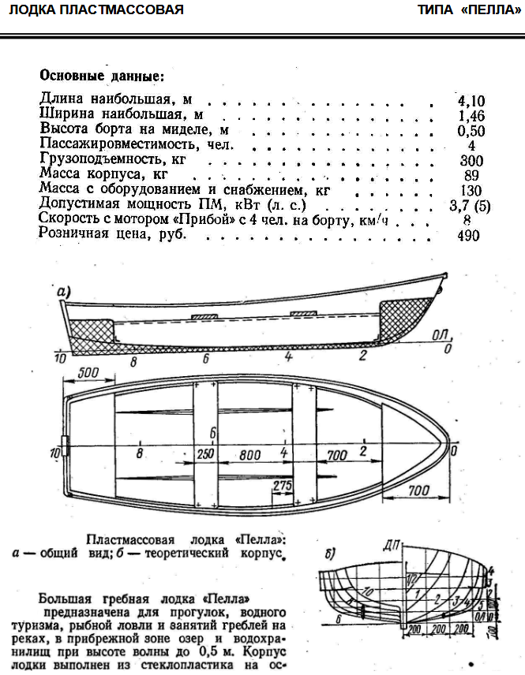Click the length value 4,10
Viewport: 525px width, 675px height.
click(471, 101)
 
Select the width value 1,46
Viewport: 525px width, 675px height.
click(471, 116)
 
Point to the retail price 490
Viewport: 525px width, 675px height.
click(468, 236)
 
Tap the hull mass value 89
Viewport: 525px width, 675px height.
click(471, 175)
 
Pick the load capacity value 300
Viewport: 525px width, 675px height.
click(471, 161)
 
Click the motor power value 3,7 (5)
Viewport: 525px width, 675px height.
click(470, 206)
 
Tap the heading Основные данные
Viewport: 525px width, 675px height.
click(102, 76)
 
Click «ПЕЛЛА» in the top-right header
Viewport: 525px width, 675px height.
click(490, 9)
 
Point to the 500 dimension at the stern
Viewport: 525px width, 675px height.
click(88, 373)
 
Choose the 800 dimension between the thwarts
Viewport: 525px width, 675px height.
click(250, 455)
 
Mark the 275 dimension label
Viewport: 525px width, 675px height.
click(283, 485)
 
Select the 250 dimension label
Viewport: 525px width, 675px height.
click(205, 454)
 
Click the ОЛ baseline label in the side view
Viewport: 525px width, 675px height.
click(441, 334)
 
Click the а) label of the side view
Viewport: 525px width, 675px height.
click(63, 292)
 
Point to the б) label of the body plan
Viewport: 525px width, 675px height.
click(330, 554)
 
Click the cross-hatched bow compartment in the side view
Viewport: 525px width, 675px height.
click(405, 318)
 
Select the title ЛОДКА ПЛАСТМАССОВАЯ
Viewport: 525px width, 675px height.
click(96, 9)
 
